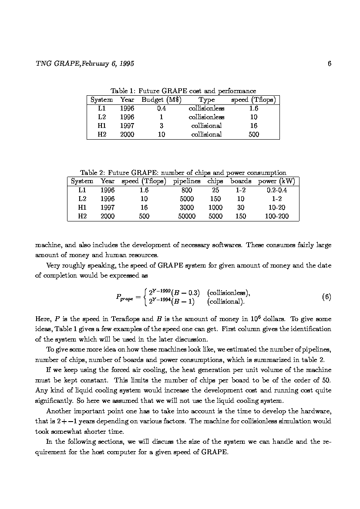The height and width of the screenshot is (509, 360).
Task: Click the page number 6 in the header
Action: pos(330,64)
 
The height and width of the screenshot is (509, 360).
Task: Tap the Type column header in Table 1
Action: pos(206,100)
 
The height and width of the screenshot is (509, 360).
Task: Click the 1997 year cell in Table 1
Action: pos(127,126)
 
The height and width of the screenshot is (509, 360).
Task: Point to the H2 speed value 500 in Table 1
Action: pos(253,134)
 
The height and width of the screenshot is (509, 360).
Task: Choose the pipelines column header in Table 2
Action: pos(187,181)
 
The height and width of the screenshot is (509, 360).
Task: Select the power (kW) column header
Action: pos(276,181)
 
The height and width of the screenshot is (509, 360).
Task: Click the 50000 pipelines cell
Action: pos(187,216)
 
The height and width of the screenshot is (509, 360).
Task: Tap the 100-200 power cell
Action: pos(276,216)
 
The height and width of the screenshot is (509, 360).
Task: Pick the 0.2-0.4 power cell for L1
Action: pos(276,190)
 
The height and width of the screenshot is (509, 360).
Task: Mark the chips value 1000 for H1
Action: pos(215,208)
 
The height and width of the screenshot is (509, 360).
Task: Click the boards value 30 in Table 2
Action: pos(241,208)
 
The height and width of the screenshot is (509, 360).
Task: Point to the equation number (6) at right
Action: pos(326,297)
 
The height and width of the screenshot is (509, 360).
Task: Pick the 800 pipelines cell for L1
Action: pos(187,190)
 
